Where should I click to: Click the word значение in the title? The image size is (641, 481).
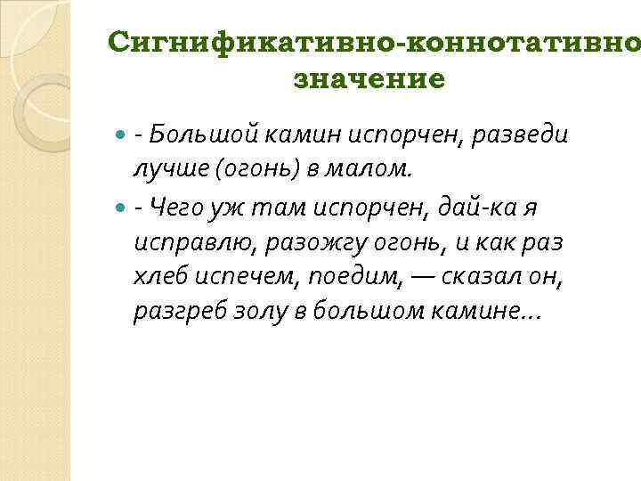(x=368, y=78)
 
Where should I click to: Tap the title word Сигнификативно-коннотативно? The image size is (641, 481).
(x=374, y=40)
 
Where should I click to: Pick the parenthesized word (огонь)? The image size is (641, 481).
(x=243, y=167)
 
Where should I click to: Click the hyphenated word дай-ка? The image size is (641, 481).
(x=479, y=207)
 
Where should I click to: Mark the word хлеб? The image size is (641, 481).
(x=158, y=277)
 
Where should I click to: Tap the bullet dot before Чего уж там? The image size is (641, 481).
(x=121, y=208)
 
